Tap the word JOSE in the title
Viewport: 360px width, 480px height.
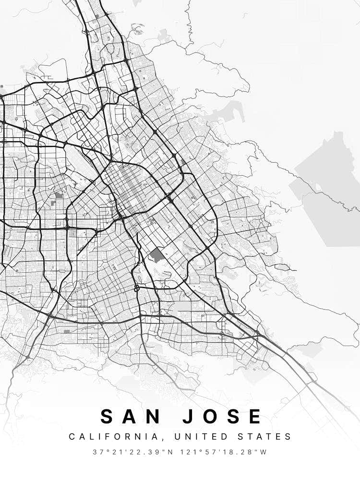221,416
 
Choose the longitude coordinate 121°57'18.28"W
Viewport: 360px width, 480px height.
224,452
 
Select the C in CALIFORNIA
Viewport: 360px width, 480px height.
72,437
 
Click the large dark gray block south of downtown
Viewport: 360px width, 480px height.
157,255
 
